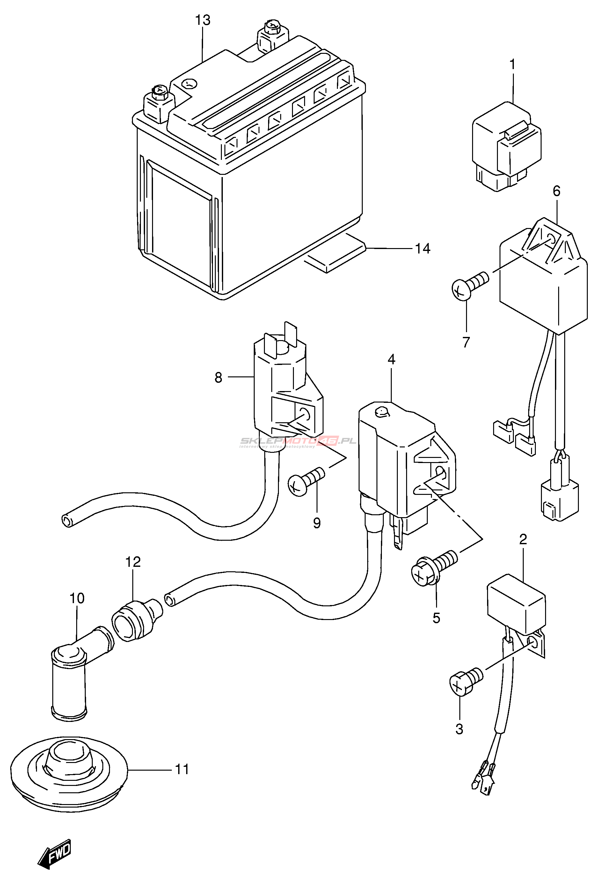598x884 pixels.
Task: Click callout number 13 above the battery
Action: [202, 20]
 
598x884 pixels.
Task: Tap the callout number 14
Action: [422, 249]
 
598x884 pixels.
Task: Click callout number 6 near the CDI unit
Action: [557, 191]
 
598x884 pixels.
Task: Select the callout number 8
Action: [218, 378]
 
